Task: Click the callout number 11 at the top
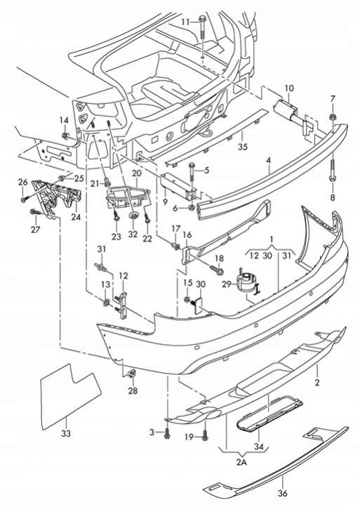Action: click(x=186, y=22)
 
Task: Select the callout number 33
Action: click(x=66, y=433)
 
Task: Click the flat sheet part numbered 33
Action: click(x=69, y=395)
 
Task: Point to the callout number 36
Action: click(x=283, y=493)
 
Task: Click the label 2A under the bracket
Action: click(x=241, y=462)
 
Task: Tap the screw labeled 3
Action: click(x=167, y=434)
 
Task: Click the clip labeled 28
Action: click(x=132, y=374)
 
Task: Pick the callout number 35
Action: click(x=243, y=147)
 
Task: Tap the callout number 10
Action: click(x=289, y=88)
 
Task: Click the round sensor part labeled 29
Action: click(x=246, y=282)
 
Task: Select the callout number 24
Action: click(x=76, y=217)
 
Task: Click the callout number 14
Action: click(x=64, y=120)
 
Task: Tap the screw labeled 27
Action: click(x=35, y=213)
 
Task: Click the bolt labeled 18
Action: click(x=217, y=270)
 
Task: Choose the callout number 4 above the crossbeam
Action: click(x=269, y=160)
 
